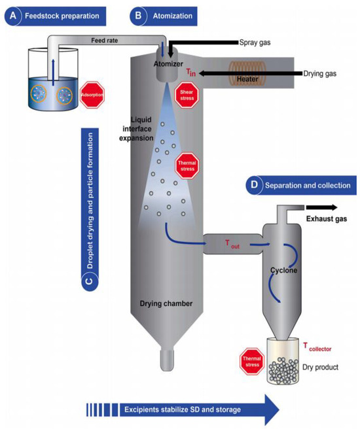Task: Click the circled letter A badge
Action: pyautogui.click(x=12, y=14)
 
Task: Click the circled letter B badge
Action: pyautogui.click(x=138, y=14)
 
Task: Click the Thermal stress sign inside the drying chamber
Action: pyautogui.click(x=188, y=164)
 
